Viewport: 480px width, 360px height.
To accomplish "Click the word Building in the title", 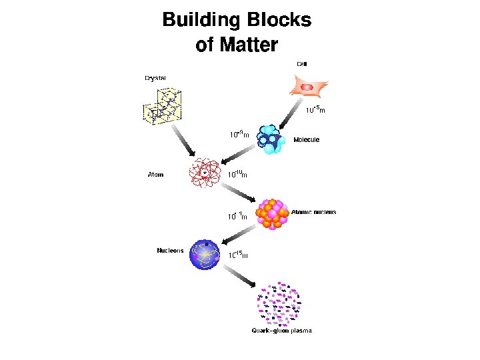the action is (x=201, y=21).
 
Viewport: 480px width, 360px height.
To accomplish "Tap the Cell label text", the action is (x=302, y=64).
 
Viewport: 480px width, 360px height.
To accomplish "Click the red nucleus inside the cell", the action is (x=307, y=87).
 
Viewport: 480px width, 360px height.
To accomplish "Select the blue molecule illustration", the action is (x=273, y=140).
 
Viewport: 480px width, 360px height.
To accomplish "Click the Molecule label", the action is (x=307, y=140).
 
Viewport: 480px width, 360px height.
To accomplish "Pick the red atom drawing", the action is (x=205, y=173).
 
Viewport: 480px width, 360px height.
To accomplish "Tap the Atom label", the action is (x=155, y=175).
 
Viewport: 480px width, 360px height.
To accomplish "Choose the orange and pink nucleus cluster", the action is (x=273, y=213).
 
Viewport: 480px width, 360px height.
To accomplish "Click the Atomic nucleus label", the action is (x=313, y=213).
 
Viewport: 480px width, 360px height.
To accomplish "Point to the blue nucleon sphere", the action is (x=204, y=254).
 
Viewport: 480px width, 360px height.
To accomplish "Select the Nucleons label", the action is (x=170, y=251).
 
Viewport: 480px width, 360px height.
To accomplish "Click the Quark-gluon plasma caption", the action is (x=281, y=330).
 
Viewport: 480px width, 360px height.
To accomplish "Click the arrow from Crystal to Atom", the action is (x=182, y=142).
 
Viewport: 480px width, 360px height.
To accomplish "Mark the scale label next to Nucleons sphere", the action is (x=239, y=255).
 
